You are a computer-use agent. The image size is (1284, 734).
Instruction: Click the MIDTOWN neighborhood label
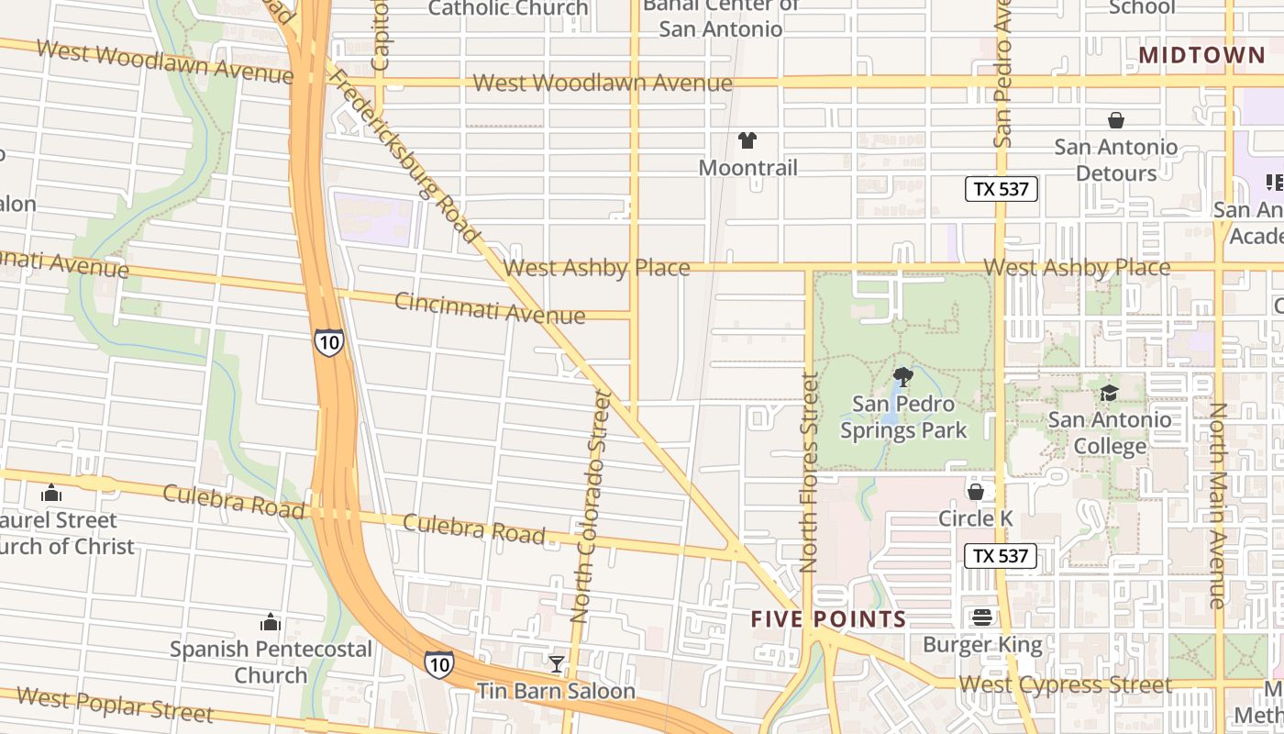pyautogui.click(x=1201, y=56)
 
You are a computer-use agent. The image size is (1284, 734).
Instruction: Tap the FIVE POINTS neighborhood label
pyautogui.click(x=828, y=619)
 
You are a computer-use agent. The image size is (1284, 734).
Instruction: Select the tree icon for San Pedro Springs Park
pyautogui.click(x=903, y=376)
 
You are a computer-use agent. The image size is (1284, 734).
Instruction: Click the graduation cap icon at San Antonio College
pyautogui.click(x=1109, y=394)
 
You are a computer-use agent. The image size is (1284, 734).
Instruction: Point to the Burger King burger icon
pyautogui.click(x=982, y=617)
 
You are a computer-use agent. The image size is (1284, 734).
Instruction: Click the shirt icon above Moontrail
pyautogui.click(x=747, y=140)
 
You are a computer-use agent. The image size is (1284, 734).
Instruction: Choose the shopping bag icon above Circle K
pyautogui.click(x=976, y=493)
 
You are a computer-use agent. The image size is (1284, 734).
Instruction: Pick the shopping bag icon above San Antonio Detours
pyautogui.click(x=1116, y=120)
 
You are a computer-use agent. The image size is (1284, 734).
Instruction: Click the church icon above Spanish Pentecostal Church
pyautogui.click(x=271, y=623)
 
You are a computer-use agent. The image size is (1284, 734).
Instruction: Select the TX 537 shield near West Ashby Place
pyautogui.click(x=1002, y=190)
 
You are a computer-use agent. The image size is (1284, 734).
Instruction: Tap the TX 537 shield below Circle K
pyautogui.click(x=1001, y=556)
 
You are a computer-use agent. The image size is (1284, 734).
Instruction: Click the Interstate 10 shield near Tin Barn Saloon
pyautogui.click(x=438, y=664)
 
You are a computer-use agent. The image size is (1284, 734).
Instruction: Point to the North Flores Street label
pyautogui.click(x=809, y=473)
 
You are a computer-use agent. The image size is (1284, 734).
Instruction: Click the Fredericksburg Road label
pyautogui.click(x=404, y=156)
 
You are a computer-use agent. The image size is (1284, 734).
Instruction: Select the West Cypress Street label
pyautogui.click(x=1065, y=685)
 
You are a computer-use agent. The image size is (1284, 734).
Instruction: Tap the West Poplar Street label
pyautogui.click(x=115, y=704)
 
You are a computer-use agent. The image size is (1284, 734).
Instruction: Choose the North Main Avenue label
pyautogui.click(x=1218, y=505)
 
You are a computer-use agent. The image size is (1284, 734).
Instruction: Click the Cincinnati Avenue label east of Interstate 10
pyautogui.click(x=490, y=308)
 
